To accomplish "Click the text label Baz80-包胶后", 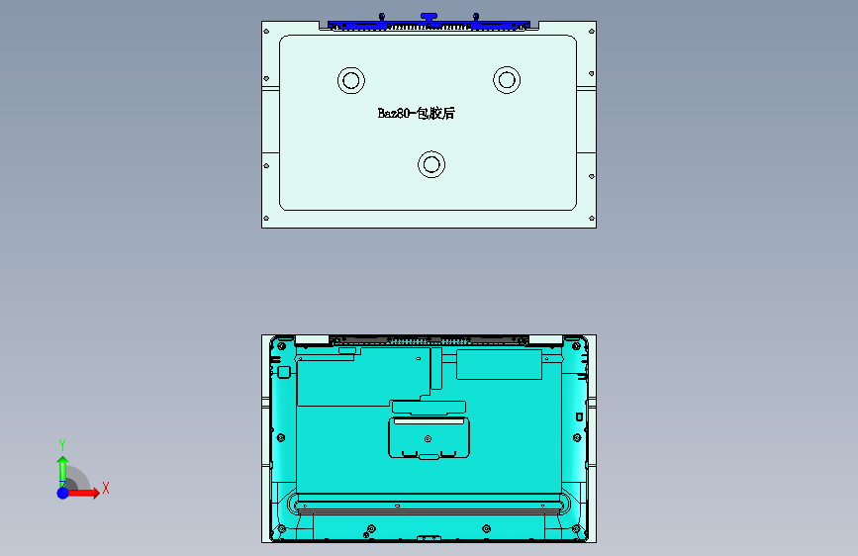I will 416,114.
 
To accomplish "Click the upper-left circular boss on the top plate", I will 350,80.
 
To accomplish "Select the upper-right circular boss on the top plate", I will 507,79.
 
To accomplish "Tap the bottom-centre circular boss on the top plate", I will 430,163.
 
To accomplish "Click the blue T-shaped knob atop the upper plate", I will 428,17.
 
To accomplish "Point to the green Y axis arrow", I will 62,465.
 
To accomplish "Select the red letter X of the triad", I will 105,488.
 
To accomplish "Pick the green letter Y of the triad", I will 62,444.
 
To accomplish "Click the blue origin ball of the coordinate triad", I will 62,492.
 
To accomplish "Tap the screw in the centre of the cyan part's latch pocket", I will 428,438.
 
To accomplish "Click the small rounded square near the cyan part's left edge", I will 283,372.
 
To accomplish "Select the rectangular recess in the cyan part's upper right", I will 499,365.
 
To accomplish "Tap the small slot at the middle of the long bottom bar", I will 397,505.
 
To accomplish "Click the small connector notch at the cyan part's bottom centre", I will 429,538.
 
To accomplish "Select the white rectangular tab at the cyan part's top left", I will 312,339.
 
